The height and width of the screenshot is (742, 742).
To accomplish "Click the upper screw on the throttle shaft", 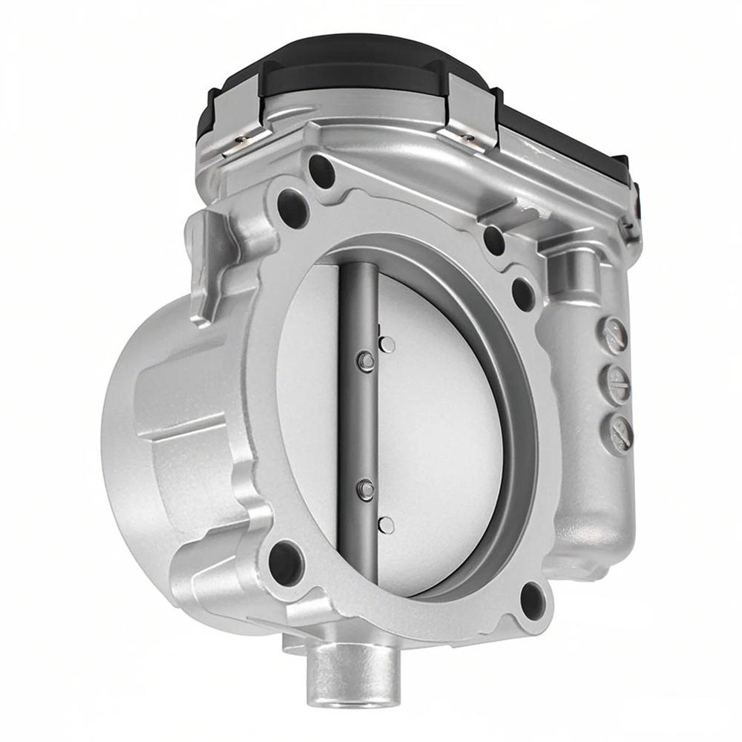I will [364, 361].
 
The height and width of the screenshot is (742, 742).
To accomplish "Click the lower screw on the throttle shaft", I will [365, 488].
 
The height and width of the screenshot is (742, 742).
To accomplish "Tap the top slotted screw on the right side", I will [615, 335].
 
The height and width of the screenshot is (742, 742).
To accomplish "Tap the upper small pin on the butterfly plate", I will [387, 344].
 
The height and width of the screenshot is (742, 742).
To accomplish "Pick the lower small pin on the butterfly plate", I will [386, 525].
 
